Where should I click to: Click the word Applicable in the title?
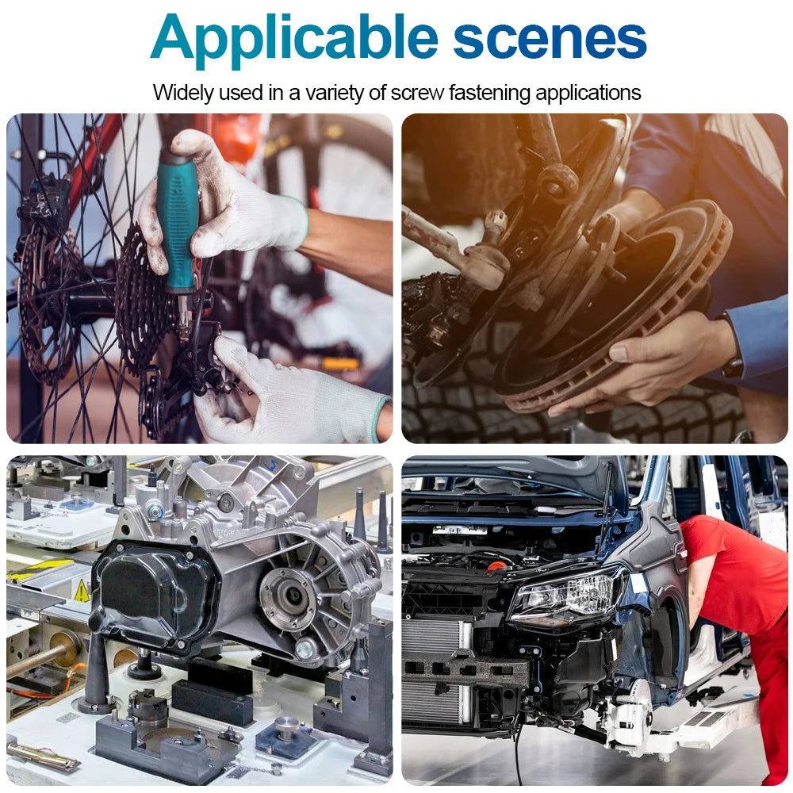click(294, 40)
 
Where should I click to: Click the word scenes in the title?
click(550, 40)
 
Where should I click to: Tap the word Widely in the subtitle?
click(183, 94)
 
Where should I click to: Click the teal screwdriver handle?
click(177, 224)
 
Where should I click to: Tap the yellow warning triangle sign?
click(82, 592)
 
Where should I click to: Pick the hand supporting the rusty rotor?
click(647, 362)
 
